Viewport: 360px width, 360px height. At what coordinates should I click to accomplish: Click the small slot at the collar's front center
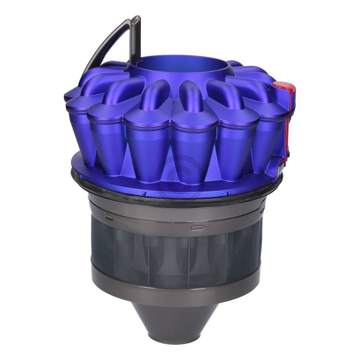click(197, 228)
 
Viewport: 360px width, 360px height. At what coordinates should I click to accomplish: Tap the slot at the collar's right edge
click(261, 211)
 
